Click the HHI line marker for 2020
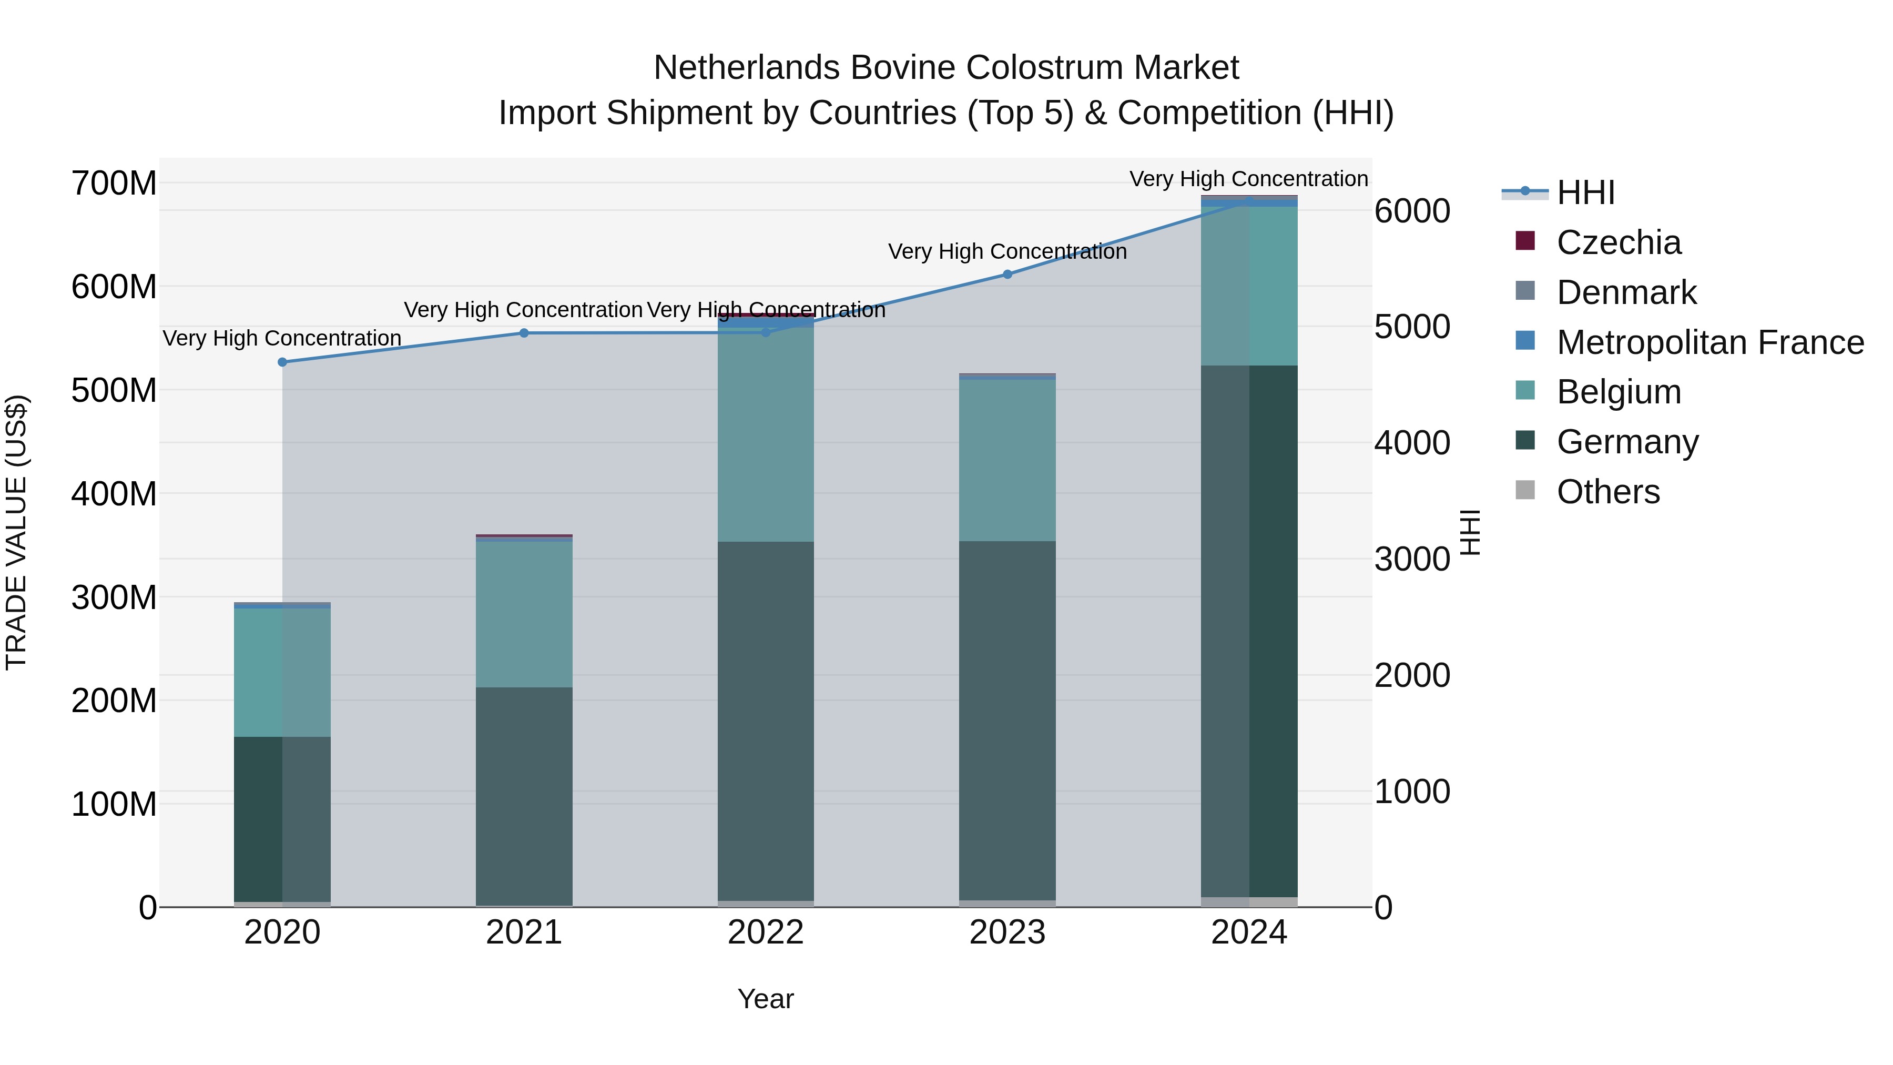(282, 362)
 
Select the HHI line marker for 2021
(524, 333)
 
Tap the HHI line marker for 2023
(1007, 274)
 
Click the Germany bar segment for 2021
(524, 794)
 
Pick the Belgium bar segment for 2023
(1007, 460)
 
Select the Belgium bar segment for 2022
(766, 434)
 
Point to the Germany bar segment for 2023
(1007, 721)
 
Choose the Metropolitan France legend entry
(1709, 342)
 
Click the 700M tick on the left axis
(114, 183)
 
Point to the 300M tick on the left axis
(114, 597)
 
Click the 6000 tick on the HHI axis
(1412, 211)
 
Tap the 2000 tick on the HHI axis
(1412, 675)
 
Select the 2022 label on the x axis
(766, 932)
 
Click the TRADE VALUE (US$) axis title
(16, 532)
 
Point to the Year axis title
(766, 999)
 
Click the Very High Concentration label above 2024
(1248, 179)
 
